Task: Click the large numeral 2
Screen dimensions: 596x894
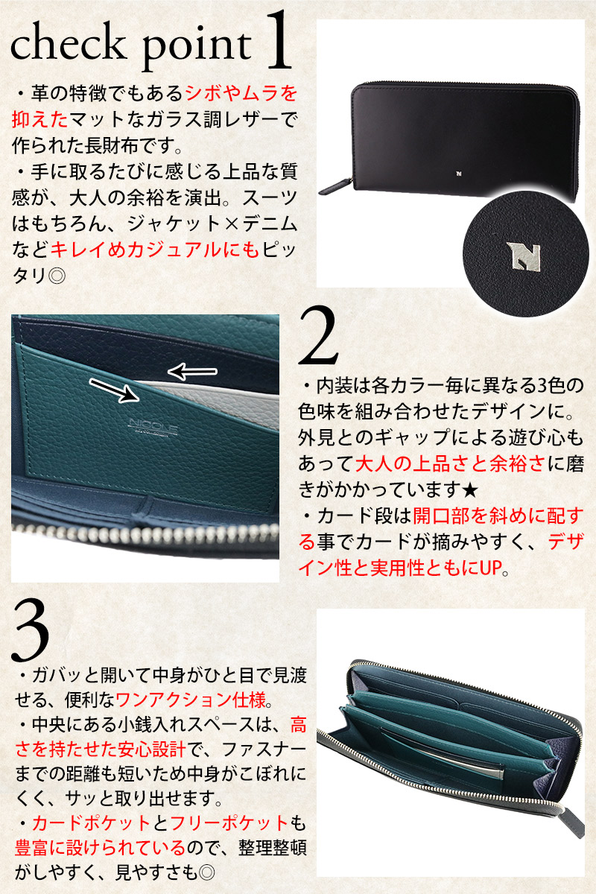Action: [x=318, y=336]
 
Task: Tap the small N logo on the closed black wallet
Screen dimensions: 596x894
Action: [x=458, y=174]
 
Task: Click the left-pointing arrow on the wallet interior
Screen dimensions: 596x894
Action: [x=192, y=372]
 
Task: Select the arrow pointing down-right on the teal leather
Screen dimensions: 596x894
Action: [x=115, y=390]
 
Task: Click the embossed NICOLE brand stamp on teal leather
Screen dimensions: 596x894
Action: [x=153, y=425]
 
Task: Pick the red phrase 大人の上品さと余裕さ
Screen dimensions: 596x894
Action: [x=450, y=463]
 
